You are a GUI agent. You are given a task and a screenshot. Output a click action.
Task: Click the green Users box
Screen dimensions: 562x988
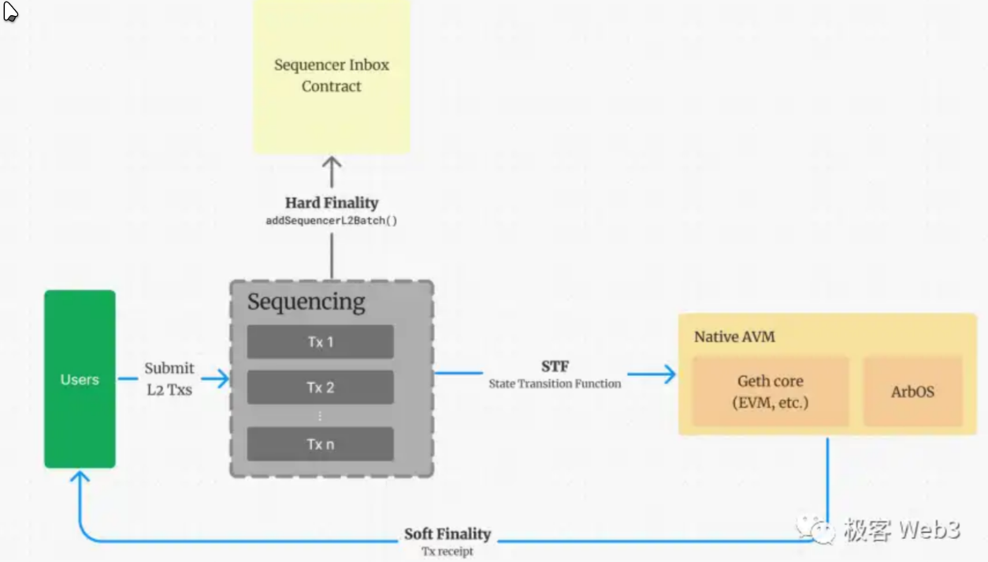pyautogui.click(x=80, y=379)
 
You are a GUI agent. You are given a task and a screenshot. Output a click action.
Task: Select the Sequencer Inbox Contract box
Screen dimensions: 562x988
pyautogui.click(x=332, y=76)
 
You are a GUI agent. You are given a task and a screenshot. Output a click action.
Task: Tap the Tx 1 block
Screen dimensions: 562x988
pyautogui.click(x=320, y=342)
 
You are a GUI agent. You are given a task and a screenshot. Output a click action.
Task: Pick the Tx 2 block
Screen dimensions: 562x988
pyautogui.click(x=320, y=388)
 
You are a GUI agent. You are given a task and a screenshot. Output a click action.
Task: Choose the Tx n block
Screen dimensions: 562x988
pyautogui.click(x=320, y=445)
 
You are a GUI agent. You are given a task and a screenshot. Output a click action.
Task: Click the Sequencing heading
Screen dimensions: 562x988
pyautogui.click(x=306, y=302)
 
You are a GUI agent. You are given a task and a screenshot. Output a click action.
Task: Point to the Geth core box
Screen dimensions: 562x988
pyautogui.click(x=770, y=392)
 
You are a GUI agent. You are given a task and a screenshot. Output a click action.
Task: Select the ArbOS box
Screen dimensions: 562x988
pyautogui.click(x=912, y=392)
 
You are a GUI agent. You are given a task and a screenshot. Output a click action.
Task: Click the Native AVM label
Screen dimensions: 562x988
pyautogui.click(x=734, y=337)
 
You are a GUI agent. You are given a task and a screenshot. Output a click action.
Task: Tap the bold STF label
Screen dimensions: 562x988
pyautogui.click(x=555, y=367)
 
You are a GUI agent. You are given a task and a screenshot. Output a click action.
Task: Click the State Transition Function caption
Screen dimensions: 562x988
pyautogui.click(x=555, y=384)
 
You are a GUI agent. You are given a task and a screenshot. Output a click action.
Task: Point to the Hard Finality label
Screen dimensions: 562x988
pyautogui.click(x=332, y=203)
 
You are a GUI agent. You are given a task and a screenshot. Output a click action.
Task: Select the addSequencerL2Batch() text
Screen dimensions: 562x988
pyautogui.click(x=332, y=221)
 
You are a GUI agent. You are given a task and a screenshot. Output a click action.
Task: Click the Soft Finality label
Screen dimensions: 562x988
pyautogui.click(x=448, y=534)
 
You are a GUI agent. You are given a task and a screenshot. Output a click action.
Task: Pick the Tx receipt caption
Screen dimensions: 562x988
pyautogui.click(x=448, y=551)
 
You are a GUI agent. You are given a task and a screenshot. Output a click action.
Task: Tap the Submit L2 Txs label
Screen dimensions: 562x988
pyautogui.click(x=169, y=378)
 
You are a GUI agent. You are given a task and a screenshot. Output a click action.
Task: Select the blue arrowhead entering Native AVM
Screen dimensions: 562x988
pyautogui.click(x=670, y=374)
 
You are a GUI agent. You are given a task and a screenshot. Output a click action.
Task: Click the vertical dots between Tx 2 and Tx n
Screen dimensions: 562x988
pyautogui.click(x=320, y=415)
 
